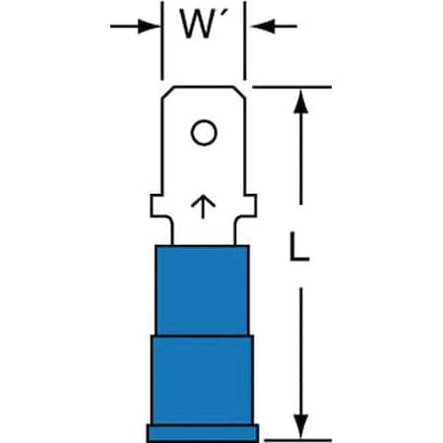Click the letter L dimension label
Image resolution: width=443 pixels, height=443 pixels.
click(x=299, y=247)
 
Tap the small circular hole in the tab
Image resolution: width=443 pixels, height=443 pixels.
click(x=204, y=133)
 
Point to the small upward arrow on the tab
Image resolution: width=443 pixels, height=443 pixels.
click(x=204, y=208)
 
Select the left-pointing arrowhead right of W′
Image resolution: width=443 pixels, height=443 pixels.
click(x=263, y=26)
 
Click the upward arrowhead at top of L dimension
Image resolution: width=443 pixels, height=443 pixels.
click(x=300, y=101)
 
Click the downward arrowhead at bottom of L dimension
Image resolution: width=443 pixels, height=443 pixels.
click(x=300, y=426)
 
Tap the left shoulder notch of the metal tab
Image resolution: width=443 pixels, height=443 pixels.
click(x=157, y=206)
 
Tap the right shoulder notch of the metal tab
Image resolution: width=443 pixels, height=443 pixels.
click(x=250, y=206)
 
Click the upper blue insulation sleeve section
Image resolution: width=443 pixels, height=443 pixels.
click(x=203, y=290)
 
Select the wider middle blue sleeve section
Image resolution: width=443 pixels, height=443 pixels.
click(x=202, y=380)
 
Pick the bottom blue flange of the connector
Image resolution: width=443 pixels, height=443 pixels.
click(x=203, y=433)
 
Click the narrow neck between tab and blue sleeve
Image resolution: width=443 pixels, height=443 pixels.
click(x=204, y=231)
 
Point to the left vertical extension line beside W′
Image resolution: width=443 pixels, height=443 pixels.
click(x=161, y=40)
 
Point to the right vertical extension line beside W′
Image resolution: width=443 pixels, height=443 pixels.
click(x=245, y=40)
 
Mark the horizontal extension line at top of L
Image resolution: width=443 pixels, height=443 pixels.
click(x=292, y=87)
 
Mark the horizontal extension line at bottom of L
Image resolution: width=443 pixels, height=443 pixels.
click(x=298, y=440)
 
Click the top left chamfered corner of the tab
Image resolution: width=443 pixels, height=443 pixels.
click(x=167, y=93)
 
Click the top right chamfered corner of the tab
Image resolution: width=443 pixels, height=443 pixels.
click(x=240, y=93)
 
